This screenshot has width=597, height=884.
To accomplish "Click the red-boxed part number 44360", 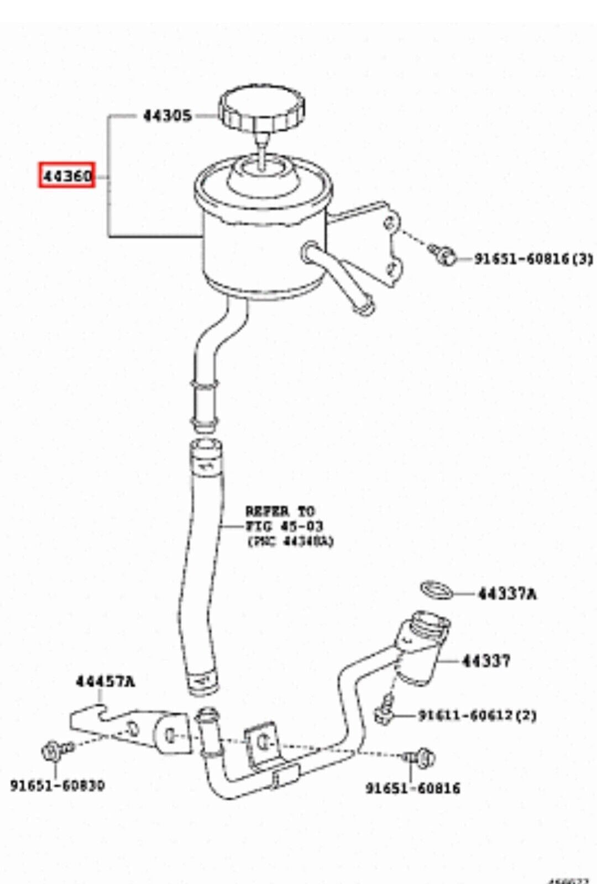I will tap(66, 176).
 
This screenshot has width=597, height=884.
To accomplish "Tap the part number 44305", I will tap(167, 116).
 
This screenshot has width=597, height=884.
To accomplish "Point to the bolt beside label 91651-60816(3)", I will tap(445, 254).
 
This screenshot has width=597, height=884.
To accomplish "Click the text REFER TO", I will tap(280, 511).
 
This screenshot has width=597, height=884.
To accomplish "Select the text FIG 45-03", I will tap(284, 526).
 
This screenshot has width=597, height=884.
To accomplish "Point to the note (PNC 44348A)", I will tap(290, 541).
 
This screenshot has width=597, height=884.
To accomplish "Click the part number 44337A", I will tap(507, 594).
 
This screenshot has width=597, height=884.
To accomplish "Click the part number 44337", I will tap(486, 660).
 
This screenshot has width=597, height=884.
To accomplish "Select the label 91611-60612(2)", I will tap(476, 715).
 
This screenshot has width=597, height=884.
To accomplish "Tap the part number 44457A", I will tap(105, 682).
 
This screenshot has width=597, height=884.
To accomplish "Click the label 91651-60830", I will tap(57, 785).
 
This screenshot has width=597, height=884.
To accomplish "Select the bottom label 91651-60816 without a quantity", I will tap(412, 788).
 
